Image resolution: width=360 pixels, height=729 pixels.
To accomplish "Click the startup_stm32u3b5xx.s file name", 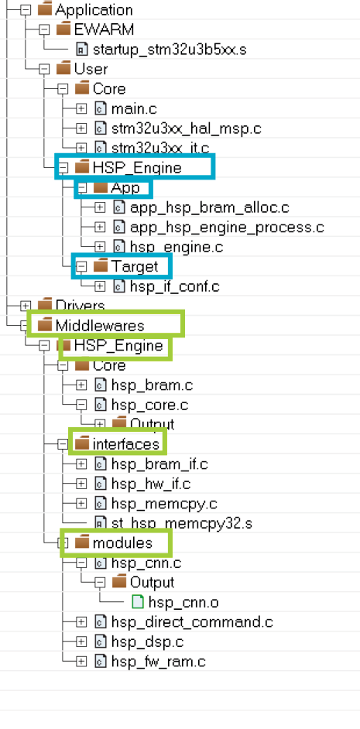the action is click(x=170, y=50).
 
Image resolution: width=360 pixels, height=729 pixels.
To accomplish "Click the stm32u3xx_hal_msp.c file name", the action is click(x=186, y=128).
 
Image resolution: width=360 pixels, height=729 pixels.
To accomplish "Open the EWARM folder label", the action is click(x=104, y=29).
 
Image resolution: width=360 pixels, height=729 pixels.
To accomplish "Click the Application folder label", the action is click(x=94, y=10).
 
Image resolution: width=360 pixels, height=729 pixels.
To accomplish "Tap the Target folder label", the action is click(x=135, y=266).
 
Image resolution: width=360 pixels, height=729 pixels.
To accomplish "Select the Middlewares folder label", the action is click(x=100, y=326).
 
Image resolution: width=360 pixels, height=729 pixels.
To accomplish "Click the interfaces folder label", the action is click(x=126, y=444).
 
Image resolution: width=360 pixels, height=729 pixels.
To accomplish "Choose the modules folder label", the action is click(x=122, y=543).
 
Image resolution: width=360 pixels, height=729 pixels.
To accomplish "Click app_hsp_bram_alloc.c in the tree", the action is click(x=210, y=208).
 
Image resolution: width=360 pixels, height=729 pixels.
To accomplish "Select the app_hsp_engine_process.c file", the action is click(x=227, y=228).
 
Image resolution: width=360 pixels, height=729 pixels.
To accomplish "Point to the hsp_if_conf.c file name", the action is click(x=174, y=286).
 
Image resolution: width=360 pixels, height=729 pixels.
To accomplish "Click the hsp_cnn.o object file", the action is click(x=183, y=603).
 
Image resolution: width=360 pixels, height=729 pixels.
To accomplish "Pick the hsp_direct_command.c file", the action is click(x=192, y=622).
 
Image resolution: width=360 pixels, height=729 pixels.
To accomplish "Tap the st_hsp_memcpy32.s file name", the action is click(x=182, y=523).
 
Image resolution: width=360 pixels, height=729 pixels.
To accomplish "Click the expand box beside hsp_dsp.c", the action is click(x=81, y=642).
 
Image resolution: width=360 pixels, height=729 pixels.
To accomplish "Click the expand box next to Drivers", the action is click(x=26, y=306).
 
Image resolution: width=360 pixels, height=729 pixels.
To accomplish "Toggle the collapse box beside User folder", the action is click(x=44, y=70).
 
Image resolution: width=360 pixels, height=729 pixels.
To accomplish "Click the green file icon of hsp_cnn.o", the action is click(x=138, y=602).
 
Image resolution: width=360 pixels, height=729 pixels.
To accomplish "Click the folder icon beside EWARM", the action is click(x=63, y=29).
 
